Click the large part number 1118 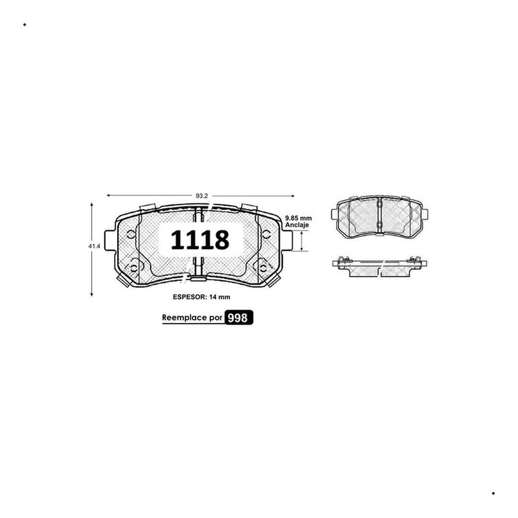[200, 240]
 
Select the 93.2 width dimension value [202, 196]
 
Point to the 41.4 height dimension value [94, 246]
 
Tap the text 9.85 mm [298, 218]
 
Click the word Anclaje [297, 225]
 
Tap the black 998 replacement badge [239, 318]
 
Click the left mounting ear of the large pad [110, 240]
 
